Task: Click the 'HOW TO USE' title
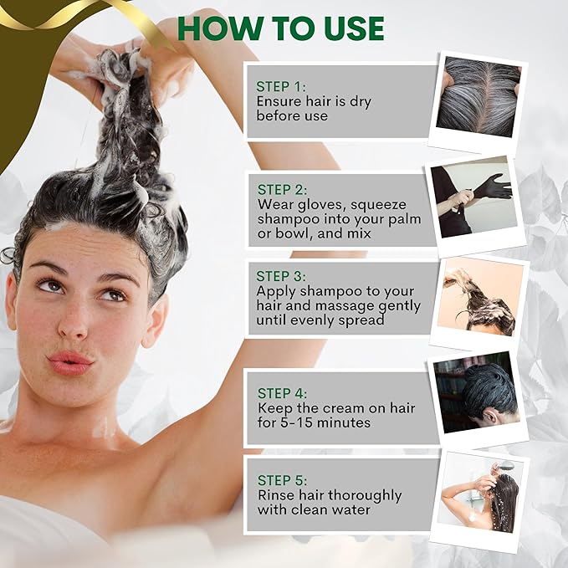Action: point(281,28)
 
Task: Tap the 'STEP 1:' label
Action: point(281,86)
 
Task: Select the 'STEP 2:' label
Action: point(282,189)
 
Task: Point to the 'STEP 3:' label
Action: point(281,276)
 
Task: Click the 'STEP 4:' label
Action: point(282,393)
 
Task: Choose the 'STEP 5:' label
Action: point(282,480)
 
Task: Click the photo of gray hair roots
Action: point(478,96)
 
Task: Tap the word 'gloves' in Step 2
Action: point(322,205)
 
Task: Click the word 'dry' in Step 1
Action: point(361,102)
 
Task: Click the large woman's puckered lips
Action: point(70,362)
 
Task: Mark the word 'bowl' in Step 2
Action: point(293,233)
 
